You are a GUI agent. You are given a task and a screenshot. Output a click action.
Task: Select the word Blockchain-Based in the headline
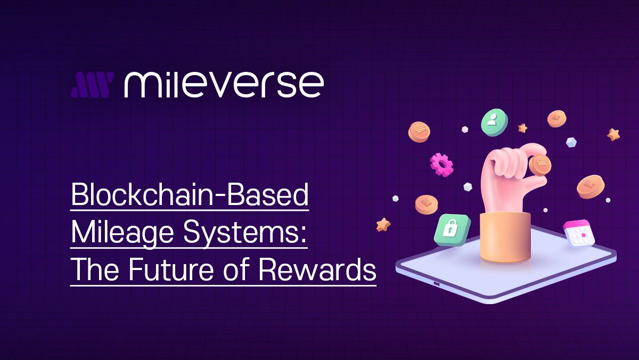coord(190,195)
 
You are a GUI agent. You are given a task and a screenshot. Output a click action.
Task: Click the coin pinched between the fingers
coord(540,165)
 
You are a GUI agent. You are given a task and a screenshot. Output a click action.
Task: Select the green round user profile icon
coord(493,122)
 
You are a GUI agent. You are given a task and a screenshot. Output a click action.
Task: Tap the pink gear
coord(441,165)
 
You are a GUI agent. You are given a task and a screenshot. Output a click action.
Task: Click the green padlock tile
coord(452,230)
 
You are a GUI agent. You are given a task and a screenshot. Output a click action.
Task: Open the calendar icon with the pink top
coord(579,233)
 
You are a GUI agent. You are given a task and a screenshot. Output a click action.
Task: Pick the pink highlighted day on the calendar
coord(584,234)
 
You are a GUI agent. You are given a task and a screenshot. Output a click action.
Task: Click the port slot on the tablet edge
coord(437,283)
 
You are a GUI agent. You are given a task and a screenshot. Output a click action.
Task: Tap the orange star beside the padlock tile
coord(383,224)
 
